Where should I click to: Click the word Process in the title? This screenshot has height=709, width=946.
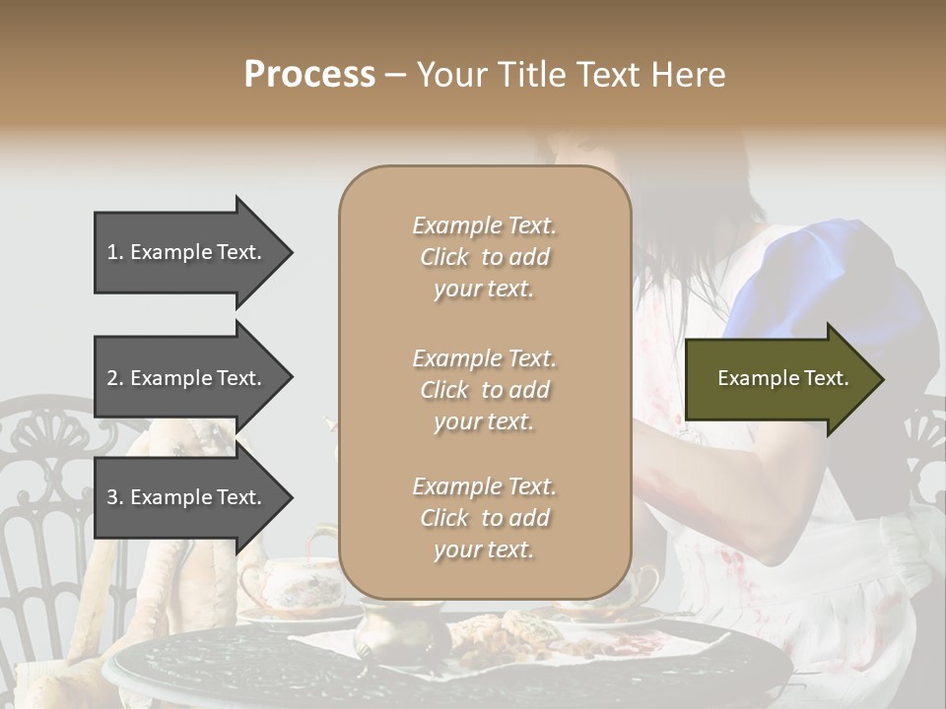click(x=309, y=74)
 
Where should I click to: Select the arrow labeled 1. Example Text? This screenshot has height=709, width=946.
click(x=187, y=252)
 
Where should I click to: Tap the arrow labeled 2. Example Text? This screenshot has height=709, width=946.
click(x=187, y=378)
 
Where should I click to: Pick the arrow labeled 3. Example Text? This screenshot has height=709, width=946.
click(x=187, y=497)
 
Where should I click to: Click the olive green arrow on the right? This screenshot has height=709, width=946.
click(x=778, y=379)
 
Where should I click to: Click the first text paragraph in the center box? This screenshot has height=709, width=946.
click(x=484, y=257)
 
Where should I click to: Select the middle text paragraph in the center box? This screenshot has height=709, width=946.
click(x=484, y=390)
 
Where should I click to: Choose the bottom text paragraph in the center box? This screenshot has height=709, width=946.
click(x=484, y=518)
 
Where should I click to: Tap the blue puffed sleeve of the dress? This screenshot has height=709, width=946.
click(x=838, y=286)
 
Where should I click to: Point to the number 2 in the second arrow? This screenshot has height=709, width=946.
click(x=112, y=378)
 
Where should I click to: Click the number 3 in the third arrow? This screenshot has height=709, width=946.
click(x=112, y=497)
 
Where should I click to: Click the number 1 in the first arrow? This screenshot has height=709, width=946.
click(x=112, y=252)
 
